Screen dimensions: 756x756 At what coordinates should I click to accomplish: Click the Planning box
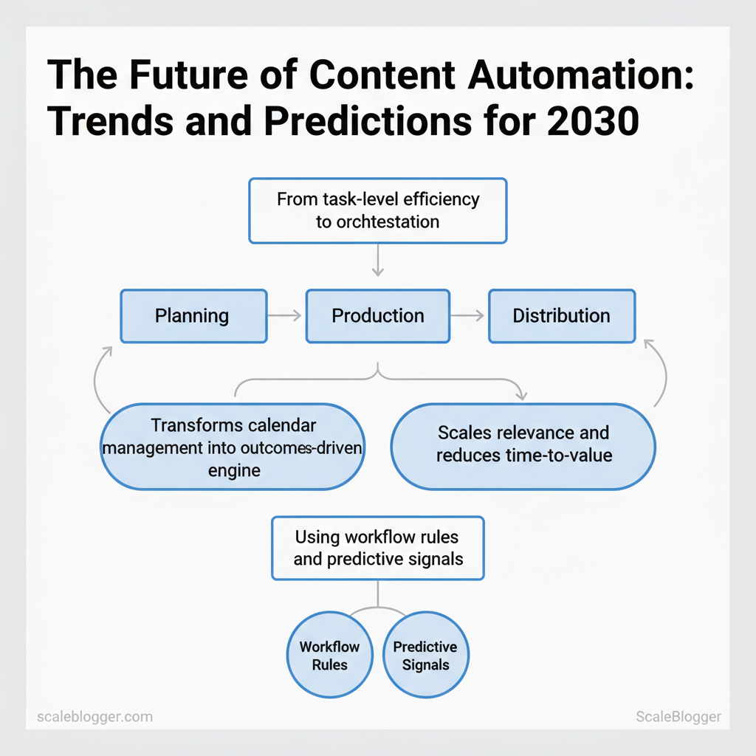[x=194, y=316]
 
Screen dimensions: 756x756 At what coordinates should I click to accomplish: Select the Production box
[x=378, y=316]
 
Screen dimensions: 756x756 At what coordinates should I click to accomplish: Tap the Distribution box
[x=562, y=316]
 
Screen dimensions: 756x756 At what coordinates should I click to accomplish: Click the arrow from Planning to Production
[x=284, y=316]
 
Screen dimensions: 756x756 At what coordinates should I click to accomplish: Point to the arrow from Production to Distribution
[x=467, y=316]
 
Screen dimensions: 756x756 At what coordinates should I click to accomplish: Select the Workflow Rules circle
[x=330, y=655]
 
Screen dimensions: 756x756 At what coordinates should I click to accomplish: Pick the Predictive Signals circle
[x=426, y=655]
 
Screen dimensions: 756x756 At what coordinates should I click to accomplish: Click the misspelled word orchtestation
[x=388, y=221]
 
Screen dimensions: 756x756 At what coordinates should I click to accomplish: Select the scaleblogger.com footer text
[x=95, y=717]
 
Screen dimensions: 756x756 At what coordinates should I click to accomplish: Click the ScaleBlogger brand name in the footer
[x=678, y=717]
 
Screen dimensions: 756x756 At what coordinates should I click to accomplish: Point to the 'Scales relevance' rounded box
[x=523, y=447]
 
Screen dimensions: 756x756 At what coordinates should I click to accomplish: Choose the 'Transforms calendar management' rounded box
[x=233, y=447]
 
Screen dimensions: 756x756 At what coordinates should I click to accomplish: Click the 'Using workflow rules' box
[x=378, y=549]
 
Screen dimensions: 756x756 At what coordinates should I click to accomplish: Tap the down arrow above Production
[x=378, y=261]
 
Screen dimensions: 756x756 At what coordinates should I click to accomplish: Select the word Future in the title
[x=188, y=75]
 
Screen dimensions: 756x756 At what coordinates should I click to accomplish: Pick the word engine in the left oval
[x=234, y=470]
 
